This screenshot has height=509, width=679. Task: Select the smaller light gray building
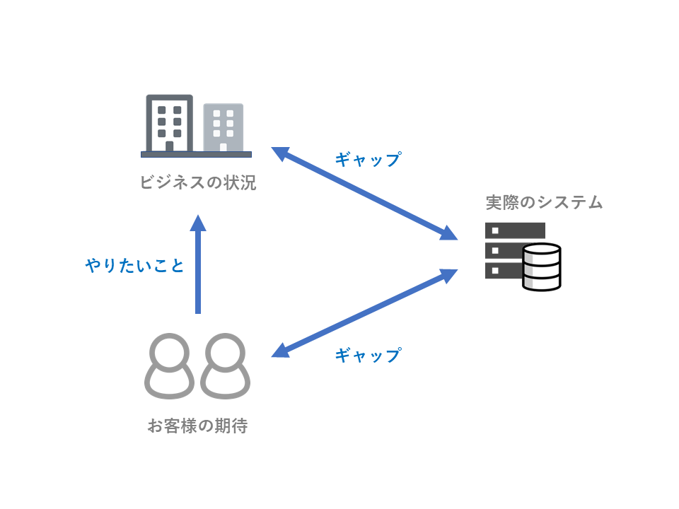223,127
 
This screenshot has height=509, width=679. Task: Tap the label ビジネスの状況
197,183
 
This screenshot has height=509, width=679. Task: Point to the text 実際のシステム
544,202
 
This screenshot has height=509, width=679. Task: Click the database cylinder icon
542,267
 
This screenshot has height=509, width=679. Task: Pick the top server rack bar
514,230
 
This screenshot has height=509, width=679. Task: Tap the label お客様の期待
197,426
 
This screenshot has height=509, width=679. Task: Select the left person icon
169,366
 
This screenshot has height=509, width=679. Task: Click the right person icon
226,366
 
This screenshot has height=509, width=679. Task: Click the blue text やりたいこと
135,266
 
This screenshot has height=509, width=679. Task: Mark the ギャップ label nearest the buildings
368,159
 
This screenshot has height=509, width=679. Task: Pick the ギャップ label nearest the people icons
368,355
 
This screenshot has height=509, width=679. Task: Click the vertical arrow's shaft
198,276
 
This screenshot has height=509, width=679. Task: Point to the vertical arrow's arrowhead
198,223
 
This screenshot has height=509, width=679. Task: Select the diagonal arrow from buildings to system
364,193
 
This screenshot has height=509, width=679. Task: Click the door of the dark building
169,146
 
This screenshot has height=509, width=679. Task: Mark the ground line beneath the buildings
196,154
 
